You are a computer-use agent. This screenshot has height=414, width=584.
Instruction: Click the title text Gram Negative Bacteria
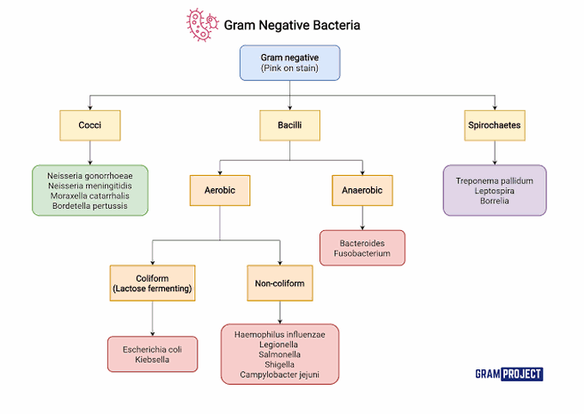[x=292, y=26]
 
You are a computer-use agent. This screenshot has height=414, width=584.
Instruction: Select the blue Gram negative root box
[x=289, y=63]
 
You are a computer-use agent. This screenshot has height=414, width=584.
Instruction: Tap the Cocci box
[x=90, y=125]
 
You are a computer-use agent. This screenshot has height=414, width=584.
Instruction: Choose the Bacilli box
[x=289, y=125]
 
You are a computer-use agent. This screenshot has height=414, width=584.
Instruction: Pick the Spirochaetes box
[x=495, y=125]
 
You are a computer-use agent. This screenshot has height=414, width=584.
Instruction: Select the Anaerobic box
[x=362, y=189]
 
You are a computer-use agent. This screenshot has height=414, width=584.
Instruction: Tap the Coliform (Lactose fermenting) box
[x=152, y=283]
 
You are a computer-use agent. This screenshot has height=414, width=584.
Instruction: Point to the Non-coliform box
[x=280, y=283]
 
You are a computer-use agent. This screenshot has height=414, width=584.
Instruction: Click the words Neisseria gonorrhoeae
[x=90, y=175]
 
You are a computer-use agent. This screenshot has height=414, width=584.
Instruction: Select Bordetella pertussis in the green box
[x=90, y=206]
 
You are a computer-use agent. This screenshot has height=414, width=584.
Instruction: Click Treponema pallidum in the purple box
[x=495, y=181]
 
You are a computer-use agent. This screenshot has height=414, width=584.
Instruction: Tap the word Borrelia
[x=495, y=201]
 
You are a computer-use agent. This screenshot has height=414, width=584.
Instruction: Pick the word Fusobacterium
[x=362, y=253]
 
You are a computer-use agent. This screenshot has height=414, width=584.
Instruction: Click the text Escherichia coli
[x=152, y=349]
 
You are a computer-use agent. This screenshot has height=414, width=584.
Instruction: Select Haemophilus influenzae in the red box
[x=280, y=335]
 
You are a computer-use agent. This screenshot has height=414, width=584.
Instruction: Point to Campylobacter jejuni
[x=280, y=374]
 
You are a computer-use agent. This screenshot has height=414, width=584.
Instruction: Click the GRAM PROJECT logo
[x=508, y=374]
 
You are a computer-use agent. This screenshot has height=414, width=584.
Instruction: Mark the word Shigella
[x=280, y=364]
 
